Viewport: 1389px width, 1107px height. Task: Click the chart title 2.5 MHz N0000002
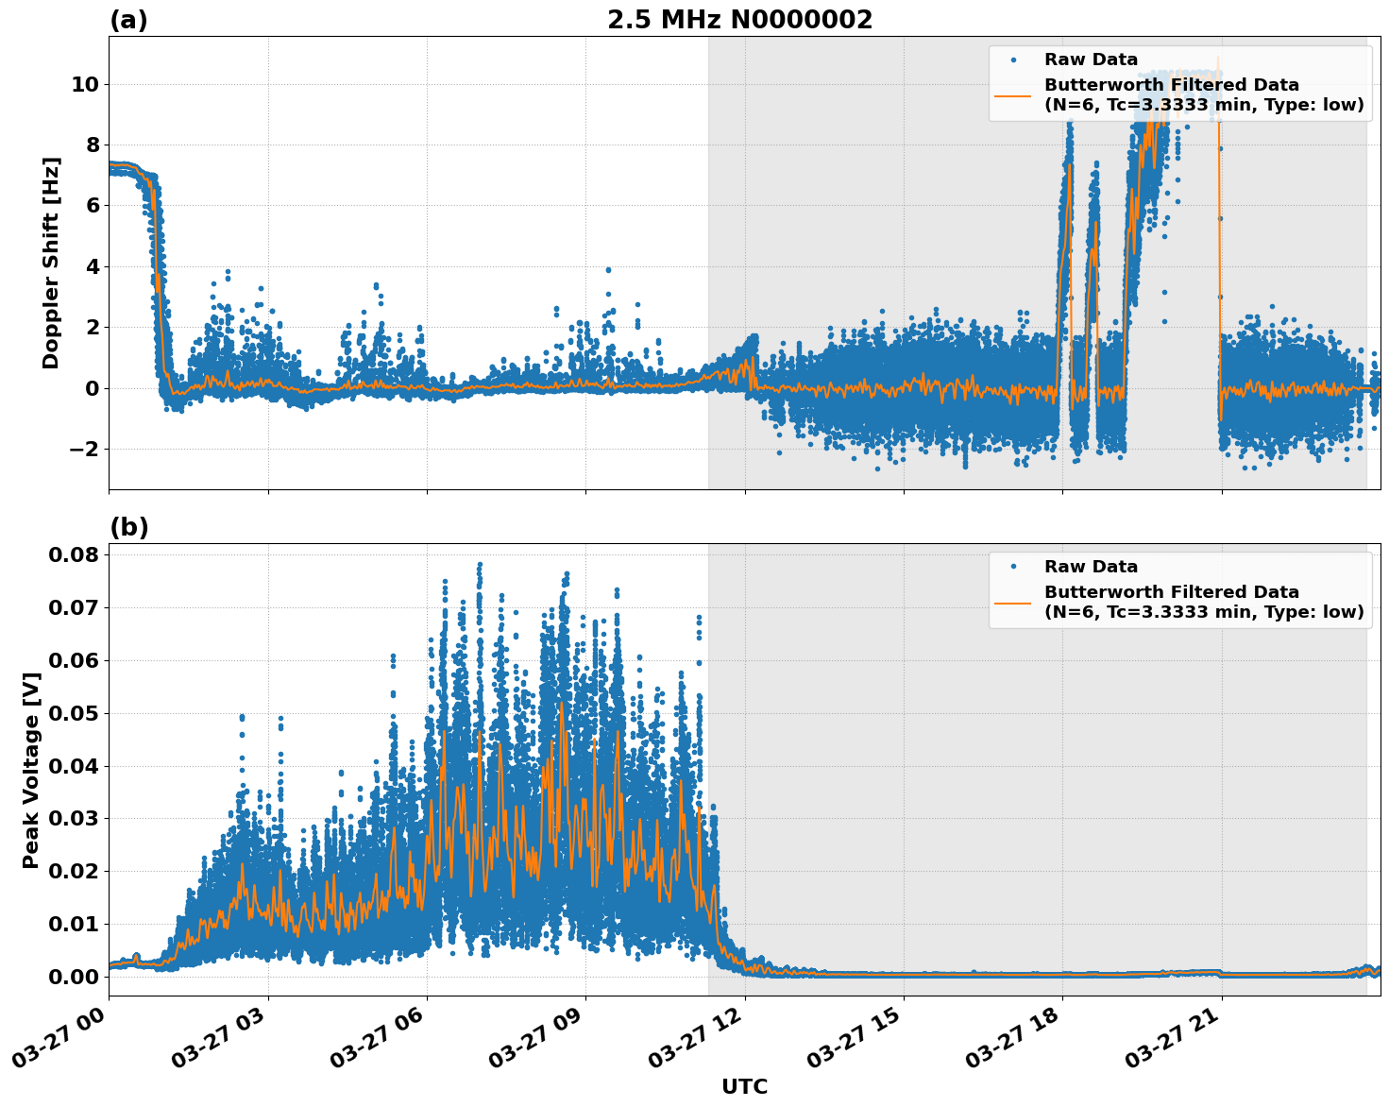[x=739, y=20]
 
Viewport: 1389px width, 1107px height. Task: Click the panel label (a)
[x=128, y=20]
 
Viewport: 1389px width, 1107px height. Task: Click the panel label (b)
[x=128, y=527]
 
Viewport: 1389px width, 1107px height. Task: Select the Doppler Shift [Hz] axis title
[x=51, y=263]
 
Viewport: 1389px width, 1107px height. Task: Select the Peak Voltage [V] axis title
[x=31, y=770]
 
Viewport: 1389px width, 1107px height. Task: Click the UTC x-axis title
[x=744, y=1086]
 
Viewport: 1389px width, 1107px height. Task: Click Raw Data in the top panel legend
[x=1091, y=60]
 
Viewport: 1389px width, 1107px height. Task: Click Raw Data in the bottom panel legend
[x=1091, y=567]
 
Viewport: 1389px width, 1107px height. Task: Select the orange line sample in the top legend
[x=1013, y=94]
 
